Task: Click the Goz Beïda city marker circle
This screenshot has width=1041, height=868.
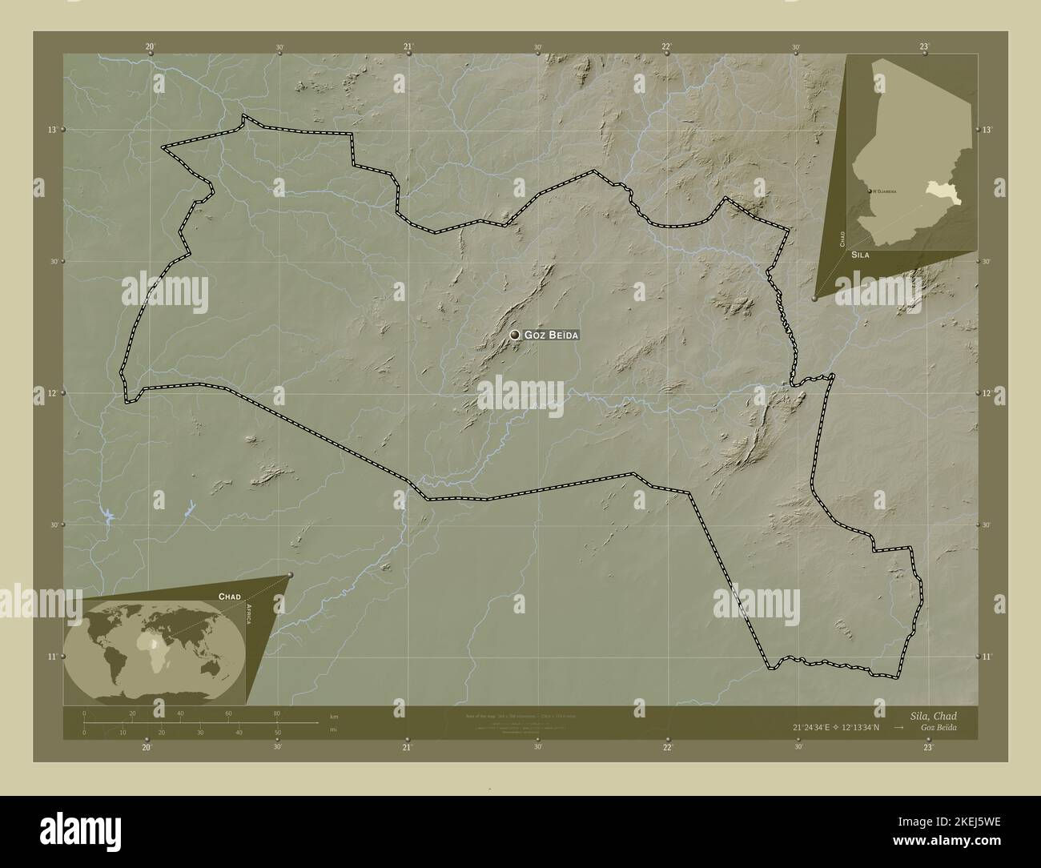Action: tap(515, 335)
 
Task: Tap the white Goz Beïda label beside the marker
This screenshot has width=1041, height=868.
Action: tap(551, 335)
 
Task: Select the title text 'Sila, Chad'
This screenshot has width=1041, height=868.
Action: tap(933, 715)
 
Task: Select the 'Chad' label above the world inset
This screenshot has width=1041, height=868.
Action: tap(230, 597)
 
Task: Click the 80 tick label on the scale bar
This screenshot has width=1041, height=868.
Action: tap(277, 713)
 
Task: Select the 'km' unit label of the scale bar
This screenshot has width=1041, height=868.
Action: tap(333, 716)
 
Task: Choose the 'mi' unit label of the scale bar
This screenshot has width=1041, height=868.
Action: tap(332, 729)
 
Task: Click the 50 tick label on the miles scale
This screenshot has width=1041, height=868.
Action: tap(277, 733)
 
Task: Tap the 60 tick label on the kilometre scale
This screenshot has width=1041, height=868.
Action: tap(228, 713)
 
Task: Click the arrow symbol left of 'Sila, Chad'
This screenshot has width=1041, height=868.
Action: tap(900, 727)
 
